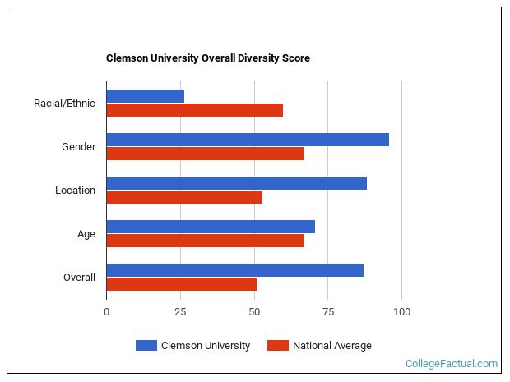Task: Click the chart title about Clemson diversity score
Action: [207, 58]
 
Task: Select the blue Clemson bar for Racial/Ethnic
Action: [145, 96]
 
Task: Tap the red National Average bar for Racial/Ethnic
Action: [194, 110]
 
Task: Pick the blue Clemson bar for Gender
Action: [247, 140]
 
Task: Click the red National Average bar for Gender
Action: [205, 154]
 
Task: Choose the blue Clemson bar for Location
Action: [236, 183]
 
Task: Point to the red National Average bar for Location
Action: [184, 197]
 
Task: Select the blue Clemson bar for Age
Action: [211, 227]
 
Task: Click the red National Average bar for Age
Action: [205, 241]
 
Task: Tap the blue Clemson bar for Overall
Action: [234, 270]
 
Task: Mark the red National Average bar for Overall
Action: [181, 284]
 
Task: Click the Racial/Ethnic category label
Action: [64, 104]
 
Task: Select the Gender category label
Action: [78, 147]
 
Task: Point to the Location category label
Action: [75, 191]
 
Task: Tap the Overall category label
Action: [79, 278]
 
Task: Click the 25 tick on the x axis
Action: [180, 312]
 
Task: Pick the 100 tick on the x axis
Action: [401, 312]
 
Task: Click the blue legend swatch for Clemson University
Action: [146, 346]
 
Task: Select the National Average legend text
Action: [331, 346]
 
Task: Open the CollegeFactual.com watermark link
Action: [452, 364]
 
